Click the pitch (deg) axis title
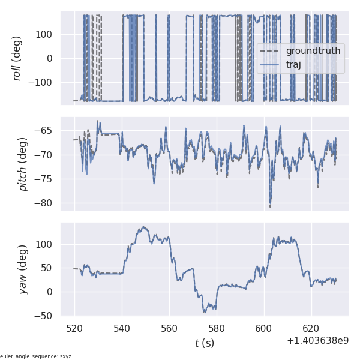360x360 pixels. click(x=23, y=164)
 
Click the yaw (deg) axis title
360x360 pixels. click(x=23, y=269)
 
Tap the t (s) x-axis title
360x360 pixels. click(x=205, y=343)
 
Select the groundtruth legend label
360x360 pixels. click(x=313, y=51)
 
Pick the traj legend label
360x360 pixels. click(x=293, y=65)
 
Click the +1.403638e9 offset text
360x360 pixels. click(x=317, y=340)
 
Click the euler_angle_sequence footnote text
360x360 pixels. click(x=36, y=356)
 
